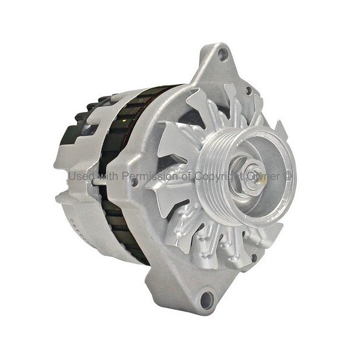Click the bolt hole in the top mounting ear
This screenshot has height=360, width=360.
(x=222, y=55)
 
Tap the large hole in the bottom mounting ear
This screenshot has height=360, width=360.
(x=207, y=299)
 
